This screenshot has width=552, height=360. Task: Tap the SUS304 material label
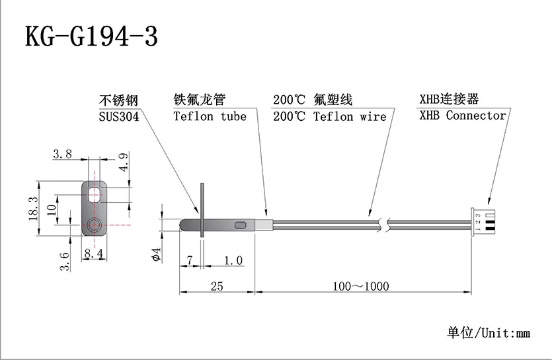tap(118, 117)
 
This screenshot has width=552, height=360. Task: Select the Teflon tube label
tap(210, 117)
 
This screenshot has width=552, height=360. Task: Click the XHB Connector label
tap(462, 116)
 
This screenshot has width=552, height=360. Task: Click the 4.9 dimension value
tap(123, 161)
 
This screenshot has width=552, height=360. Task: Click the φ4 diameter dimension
tap(156, 254)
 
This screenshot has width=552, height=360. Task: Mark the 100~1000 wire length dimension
tap(361, 286)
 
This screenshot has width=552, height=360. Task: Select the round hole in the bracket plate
tap(93, 225)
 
